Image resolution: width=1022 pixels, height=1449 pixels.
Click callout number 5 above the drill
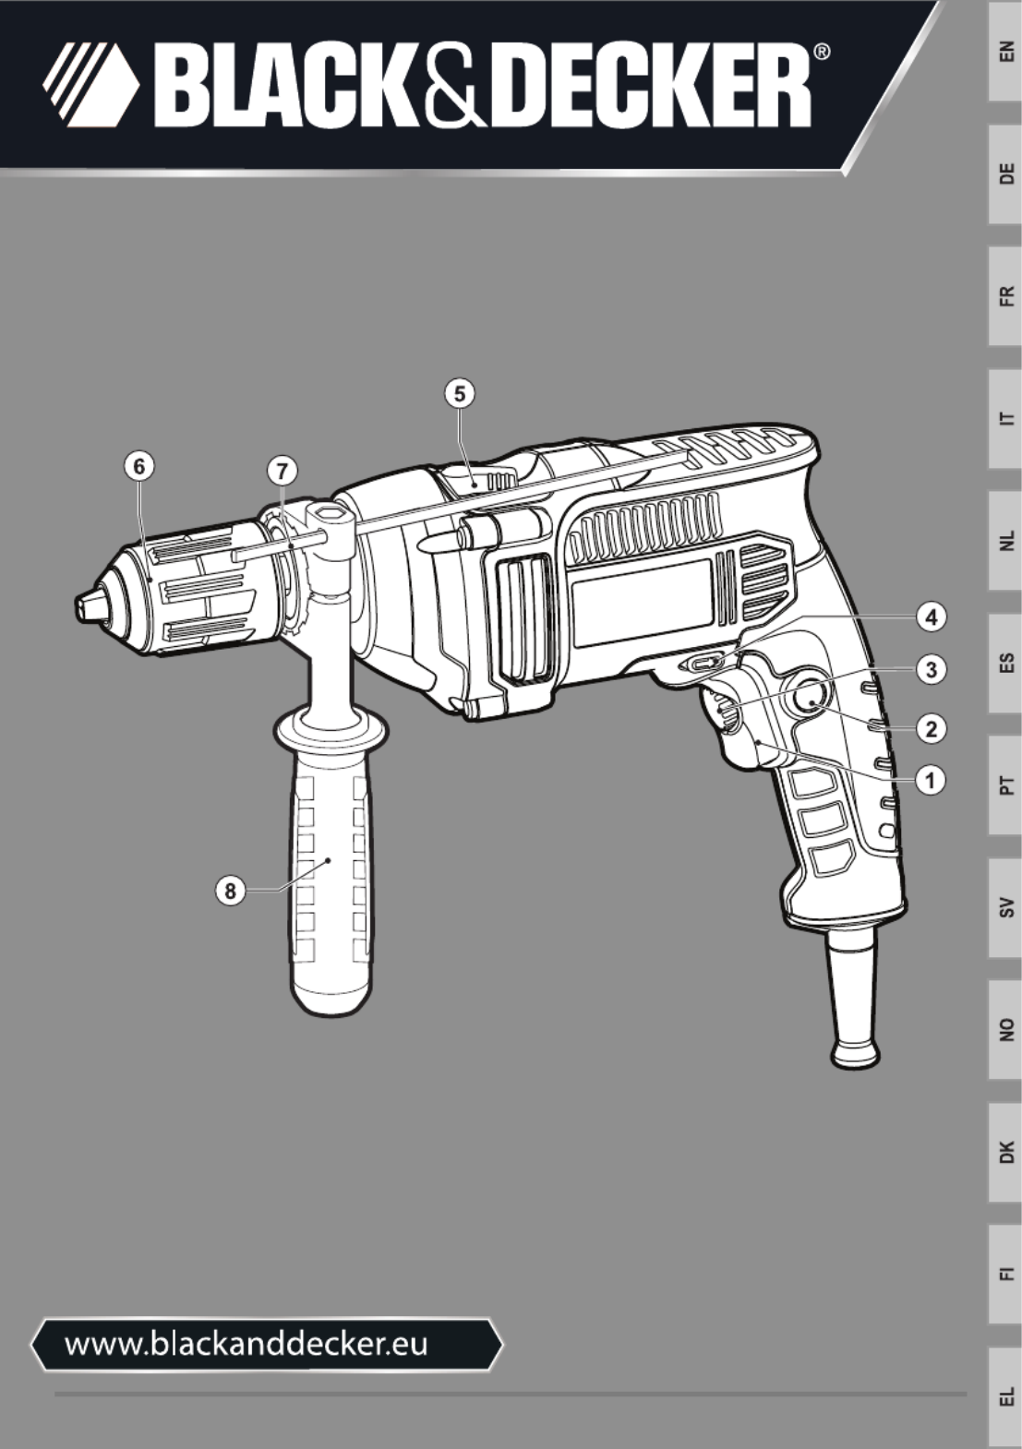(x=460, y=393)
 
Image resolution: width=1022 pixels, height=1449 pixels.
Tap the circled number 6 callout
(x=139, y=466)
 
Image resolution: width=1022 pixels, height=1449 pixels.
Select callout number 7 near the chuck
(x=283, y=472)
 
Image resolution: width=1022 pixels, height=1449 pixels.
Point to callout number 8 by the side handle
(x=230, y=892)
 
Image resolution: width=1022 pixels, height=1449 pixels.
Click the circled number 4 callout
(x=931, y=617)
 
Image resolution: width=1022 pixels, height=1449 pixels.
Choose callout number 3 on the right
(x=931, y=669)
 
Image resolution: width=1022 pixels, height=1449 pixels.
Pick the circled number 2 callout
(x=931, y=729)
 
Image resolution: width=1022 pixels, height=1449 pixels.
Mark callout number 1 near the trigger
(x=931, y=781)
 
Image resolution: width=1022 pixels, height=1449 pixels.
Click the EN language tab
(x=1005, y=51)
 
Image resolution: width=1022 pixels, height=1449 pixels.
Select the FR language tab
(x=1005, y=296)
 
